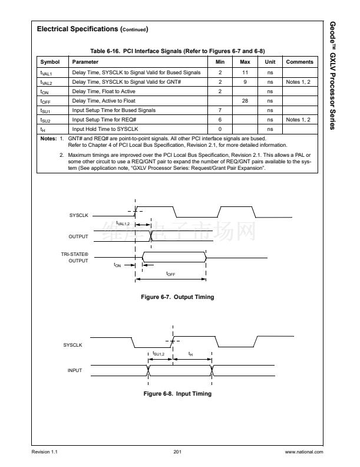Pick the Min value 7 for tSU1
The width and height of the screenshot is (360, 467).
click(x=220, y=110)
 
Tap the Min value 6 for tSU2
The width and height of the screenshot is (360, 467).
click(x=220, y=120)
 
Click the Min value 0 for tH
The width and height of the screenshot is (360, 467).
click(x=220, y=129)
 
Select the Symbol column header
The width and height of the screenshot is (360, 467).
click(x=50, y=62)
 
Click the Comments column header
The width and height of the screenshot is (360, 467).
click(x=299, y=62)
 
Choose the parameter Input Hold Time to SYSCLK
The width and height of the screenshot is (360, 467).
click(x=105, y=129)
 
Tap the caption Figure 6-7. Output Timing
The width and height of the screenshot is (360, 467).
click(x=177, y=297)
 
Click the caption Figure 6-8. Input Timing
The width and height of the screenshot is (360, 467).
click(x=177, y=393)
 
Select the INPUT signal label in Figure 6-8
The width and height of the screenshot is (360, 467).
click(x=74, y=370)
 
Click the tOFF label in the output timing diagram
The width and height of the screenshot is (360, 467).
click(x=171, y=274)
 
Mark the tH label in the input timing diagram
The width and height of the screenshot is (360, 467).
click(x=190, y=354)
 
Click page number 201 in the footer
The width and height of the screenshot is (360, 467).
click(x=177, y=452)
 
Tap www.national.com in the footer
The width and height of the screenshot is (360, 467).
click(x=303, y=452)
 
